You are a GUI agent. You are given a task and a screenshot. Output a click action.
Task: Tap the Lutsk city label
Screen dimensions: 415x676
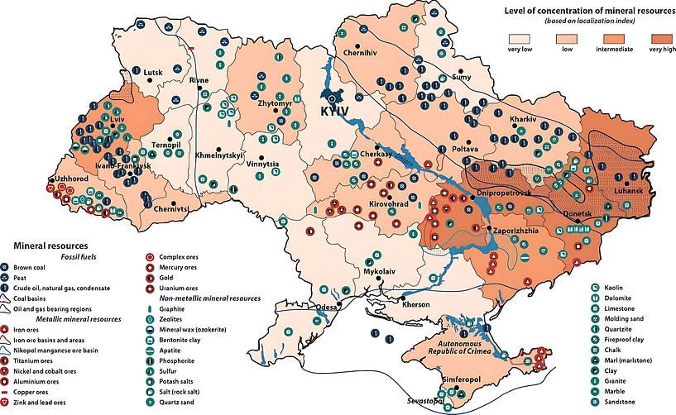[154, 72]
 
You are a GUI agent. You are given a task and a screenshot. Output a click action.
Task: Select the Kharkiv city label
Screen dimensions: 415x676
[524, 119]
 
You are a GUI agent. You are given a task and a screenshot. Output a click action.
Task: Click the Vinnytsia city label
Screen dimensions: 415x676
[263, 164]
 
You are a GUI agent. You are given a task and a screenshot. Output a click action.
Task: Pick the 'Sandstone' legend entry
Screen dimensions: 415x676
[621, 401]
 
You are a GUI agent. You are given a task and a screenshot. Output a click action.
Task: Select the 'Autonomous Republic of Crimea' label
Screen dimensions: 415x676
[465, 346]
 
